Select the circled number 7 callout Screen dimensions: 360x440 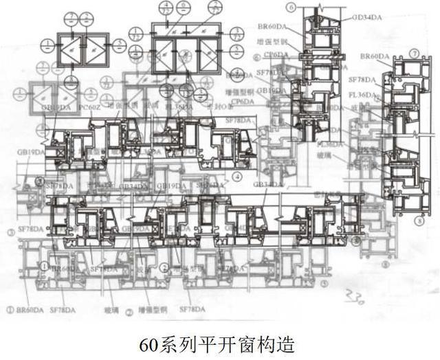[x=414, y=53]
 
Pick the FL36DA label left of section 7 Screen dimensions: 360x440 [x=362, y=95]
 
